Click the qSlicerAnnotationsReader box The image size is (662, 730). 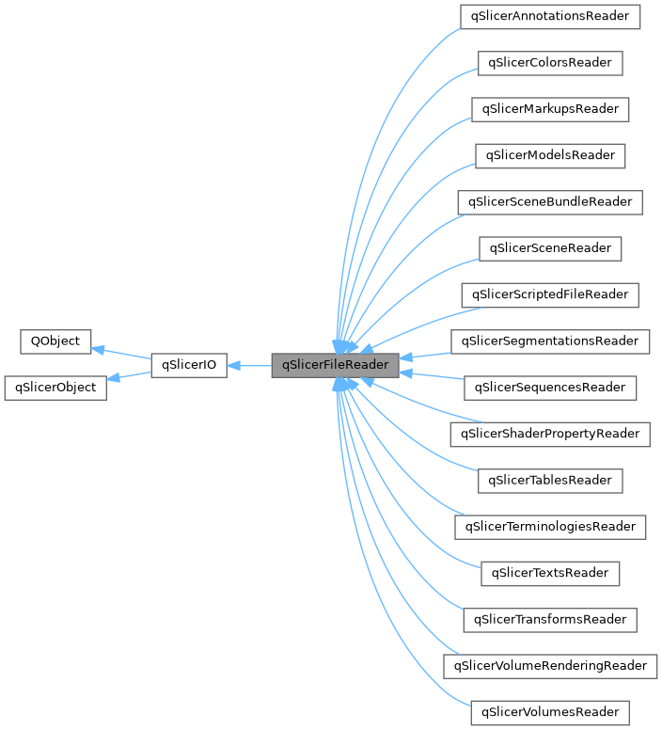(550, 17)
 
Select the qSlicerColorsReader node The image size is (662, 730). (550, 63)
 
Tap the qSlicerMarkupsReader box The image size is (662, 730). (550, 109)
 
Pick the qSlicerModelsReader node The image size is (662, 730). (550, 155)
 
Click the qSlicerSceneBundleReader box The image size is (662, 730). (550, 201)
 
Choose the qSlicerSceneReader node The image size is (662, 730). (550, 248)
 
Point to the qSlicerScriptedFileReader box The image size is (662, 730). (550, 294)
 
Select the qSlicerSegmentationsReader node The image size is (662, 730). (550, 341)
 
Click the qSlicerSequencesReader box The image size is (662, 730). (550, 387)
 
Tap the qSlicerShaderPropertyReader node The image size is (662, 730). (550, 434)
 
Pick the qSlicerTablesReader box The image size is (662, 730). (550, 480)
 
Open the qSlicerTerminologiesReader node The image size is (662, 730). (550, 526)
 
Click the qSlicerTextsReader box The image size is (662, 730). (550, 572)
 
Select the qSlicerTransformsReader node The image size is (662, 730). (550, 619)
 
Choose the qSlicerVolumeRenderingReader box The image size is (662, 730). (550, 665)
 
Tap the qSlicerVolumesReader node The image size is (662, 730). (550, 711)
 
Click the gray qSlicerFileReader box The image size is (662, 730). (335, 364)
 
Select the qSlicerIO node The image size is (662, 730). (189, 364)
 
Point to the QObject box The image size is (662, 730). (56, 341)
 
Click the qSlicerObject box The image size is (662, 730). (55, 387)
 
